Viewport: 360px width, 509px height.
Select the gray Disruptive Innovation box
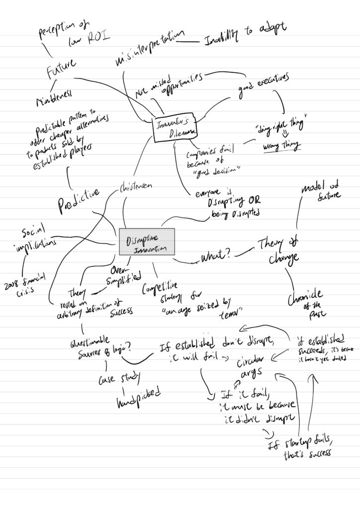pos(147,242)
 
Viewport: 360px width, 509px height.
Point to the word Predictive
pos(79,199)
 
